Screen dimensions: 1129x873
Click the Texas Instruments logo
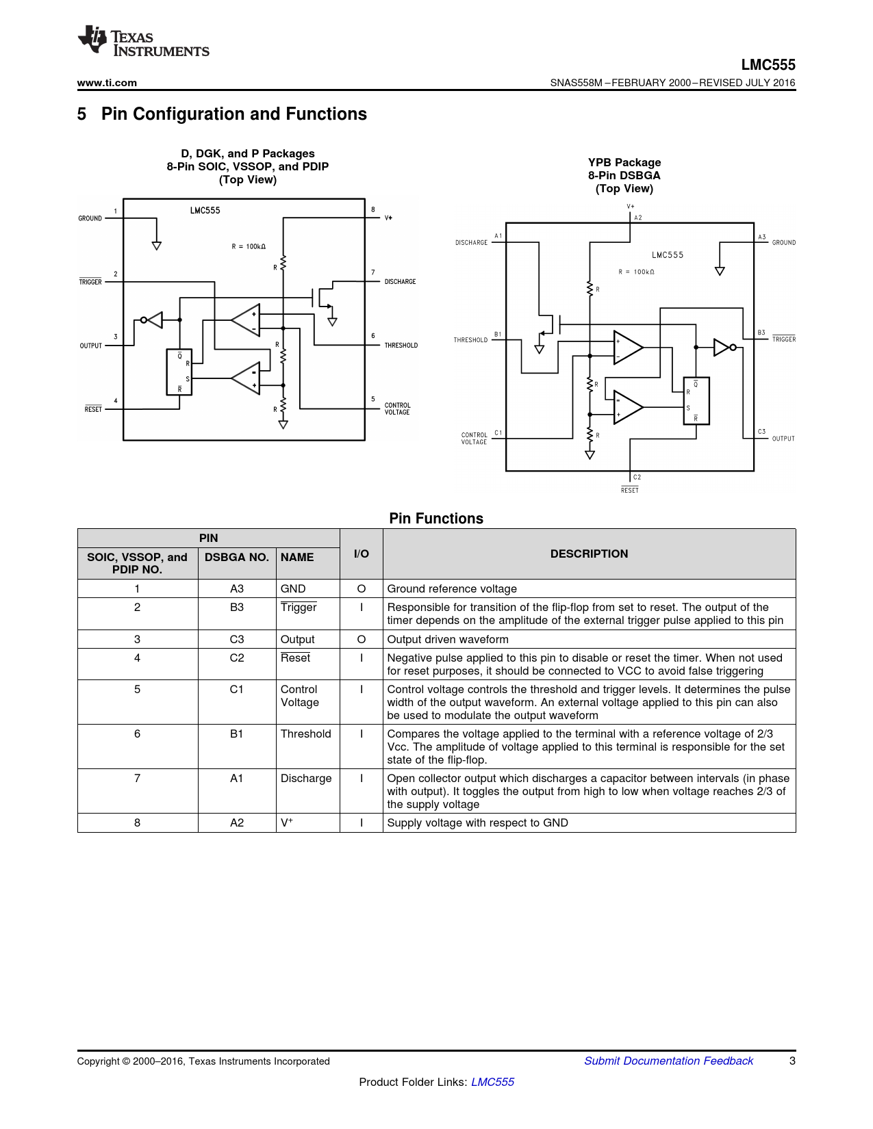pos(143,42)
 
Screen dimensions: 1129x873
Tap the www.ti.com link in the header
pos(107,83)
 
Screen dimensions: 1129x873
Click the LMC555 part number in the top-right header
pos(768,65)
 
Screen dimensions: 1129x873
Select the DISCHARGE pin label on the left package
pos(400,282)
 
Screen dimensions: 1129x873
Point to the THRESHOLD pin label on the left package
pos(401,346)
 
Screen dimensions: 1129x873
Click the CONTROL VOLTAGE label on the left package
pos(397,408)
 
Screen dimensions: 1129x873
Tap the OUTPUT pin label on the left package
pos(90,346)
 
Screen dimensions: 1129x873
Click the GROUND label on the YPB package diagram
pos(783,243)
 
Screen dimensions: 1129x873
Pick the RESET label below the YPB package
pos(629,490)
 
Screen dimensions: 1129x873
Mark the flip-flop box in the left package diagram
pos(179,372)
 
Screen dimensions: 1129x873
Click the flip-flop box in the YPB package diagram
pos(696,401)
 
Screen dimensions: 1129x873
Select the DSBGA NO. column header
pos(237,557)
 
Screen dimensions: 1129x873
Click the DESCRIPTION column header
pos(589,554)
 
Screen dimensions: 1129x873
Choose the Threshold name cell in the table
pos(306,734)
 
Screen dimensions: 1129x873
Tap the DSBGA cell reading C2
pos(237,658)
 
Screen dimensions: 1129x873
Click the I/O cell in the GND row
pos(361,588)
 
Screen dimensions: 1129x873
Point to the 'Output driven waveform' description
pos(448,639)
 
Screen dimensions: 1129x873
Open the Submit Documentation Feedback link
pos(668,1061)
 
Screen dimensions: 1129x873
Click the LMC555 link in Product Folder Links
pos(492,1082)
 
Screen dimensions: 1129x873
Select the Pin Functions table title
pos(436,519)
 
